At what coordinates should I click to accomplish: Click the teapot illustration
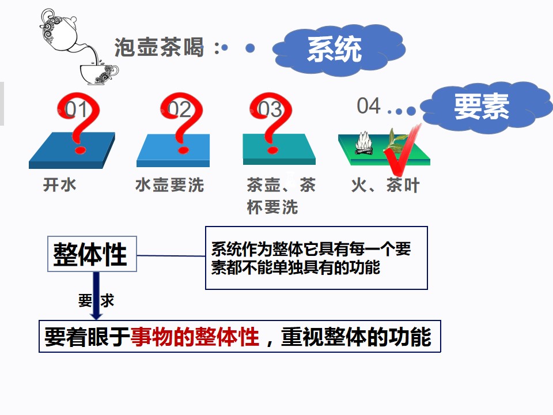tap(60, 31)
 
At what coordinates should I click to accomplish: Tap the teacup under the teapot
tap(99, 73)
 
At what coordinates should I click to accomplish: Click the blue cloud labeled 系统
tap(339, 50)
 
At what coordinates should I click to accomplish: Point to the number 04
tap(369, 106)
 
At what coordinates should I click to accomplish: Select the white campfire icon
tap(364, 144)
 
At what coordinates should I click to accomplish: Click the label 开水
tap(59, 185)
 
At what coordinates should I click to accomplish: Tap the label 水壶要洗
tap(169, 185)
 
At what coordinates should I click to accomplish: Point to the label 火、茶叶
tap(385, 185)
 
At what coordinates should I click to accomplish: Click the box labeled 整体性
tap(92, 254)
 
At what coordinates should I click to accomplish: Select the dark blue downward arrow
tap(96, 296)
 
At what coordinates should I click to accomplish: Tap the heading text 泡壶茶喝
tap(160, 47)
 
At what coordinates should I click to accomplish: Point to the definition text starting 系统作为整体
tap(311, 258)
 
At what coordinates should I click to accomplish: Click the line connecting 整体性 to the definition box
tap(171, 255)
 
